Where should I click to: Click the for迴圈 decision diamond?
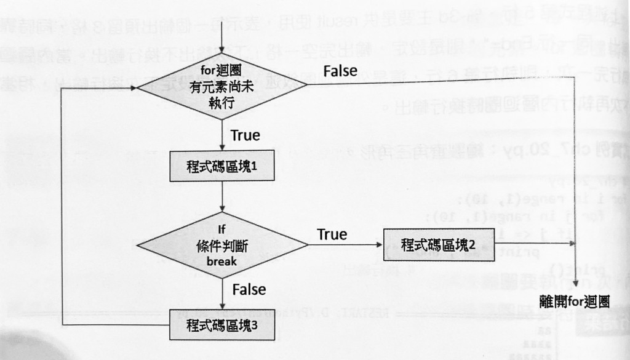click(x=221, y=86)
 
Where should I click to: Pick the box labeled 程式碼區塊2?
click(x=438, y=244)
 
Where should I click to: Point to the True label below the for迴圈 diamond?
click(x=245, y=135)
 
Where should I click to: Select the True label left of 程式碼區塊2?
click(x=332, y=234)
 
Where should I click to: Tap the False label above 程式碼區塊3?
click(x=249, y=289)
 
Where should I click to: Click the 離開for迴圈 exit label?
click(x=574, y=302)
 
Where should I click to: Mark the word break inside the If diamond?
click(x=221, y=262)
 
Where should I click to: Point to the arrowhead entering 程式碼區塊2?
click(x=380, y=244)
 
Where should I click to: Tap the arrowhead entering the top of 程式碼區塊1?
click(x=221, y=148)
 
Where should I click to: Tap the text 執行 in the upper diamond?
click(x=221, y=102)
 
